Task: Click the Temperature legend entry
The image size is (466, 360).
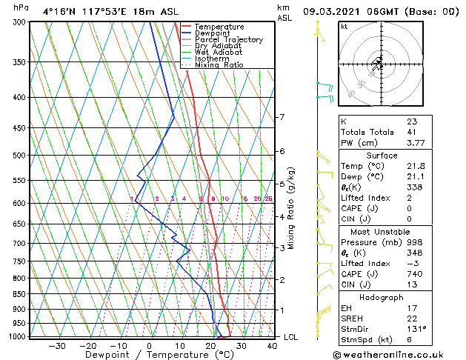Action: pyautogui.click(x=219, y=27)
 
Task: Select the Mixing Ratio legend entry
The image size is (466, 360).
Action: pyautogui.click(x=219, y=65)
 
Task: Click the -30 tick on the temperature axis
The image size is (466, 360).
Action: pyautogui.click(x=57, y=345)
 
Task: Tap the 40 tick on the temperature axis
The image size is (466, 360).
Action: pyautogui.click(x=272, y=345)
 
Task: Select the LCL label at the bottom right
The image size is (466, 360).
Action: pyautogui.click(x=291, y=337)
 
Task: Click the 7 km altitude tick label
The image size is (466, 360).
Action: pyautogui.click(x=282, y=117)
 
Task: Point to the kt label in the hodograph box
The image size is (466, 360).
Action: pyautogui.click(x=344, y=27)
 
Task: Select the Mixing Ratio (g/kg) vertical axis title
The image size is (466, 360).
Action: pyautogui.click(x=291, y=208)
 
